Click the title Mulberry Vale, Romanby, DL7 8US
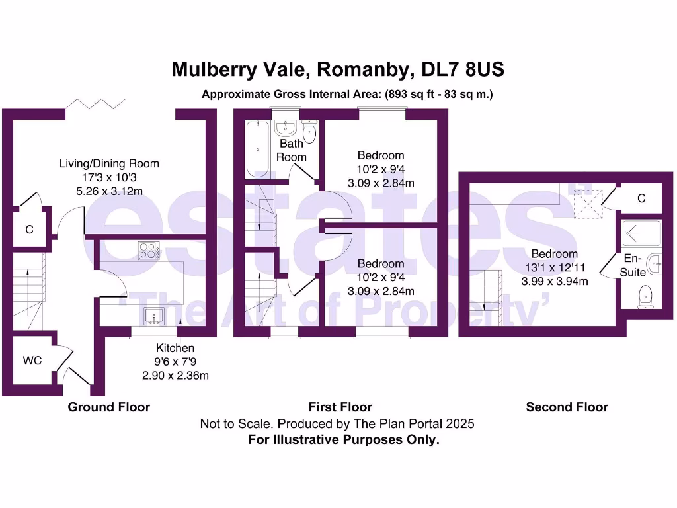(338, 69)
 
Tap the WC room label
(32, 360)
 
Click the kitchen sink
(155, 315)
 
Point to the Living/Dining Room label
(109, 163)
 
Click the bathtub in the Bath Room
(256, 149)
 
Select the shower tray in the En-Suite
(641, 233)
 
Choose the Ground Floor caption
(109, 407)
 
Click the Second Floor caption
(567, 407)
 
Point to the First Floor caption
(340, 407)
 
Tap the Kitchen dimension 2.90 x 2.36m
(175, 376)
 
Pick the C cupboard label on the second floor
(641, 199)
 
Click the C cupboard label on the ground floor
(29, 230)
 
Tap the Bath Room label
(292, 150)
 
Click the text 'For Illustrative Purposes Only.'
(343, 439)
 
